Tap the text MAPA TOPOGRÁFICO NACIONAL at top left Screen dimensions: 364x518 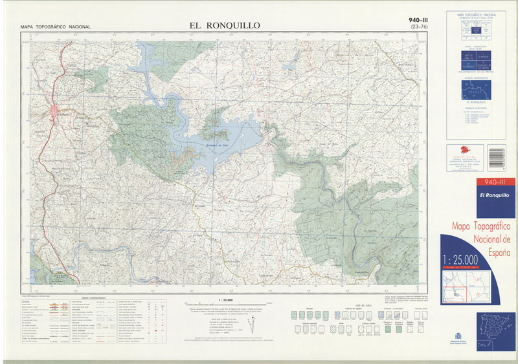coord(56,27)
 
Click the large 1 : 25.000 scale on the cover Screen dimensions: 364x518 coord(460,260)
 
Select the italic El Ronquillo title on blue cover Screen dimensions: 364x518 coord(494,195)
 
